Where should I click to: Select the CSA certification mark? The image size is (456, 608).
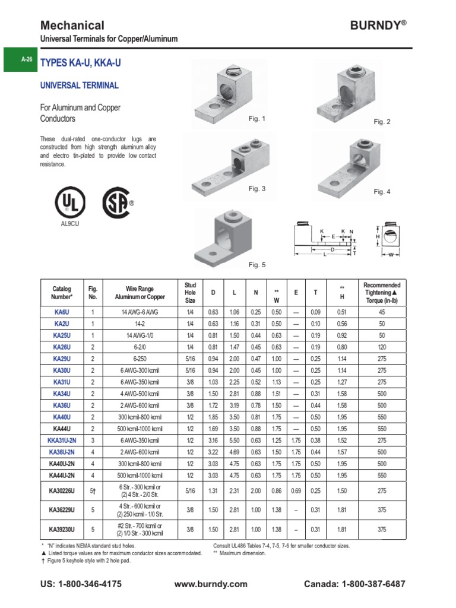[x=117, y=204]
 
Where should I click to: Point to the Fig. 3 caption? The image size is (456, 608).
[x=257, y=189]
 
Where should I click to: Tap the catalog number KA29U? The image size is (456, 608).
[x=62, y=359]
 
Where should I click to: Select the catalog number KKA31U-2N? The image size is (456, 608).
[x=62, y=441]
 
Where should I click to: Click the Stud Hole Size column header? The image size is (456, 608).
[x=190, y=292]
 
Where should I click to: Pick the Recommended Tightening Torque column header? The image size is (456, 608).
[x=382, y=292]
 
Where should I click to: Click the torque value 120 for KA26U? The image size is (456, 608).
[x=382, y=347]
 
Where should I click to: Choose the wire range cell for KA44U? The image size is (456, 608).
[x=140, y=429]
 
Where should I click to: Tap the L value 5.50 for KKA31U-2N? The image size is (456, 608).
[x=235, y=441]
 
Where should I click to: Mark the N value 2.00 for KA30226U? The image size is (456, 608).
[x=256, y=491]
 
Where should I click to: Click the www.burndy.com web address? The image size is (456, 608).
[x=211, y=584]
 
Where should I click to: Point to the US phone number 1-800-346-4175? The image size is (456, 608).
[x=81, y=584]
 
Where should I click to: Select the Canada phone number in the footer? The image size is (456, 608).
[x=354, y=584]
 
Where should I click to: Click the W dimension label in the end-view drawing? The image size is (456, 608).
[x=391, y=254]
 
